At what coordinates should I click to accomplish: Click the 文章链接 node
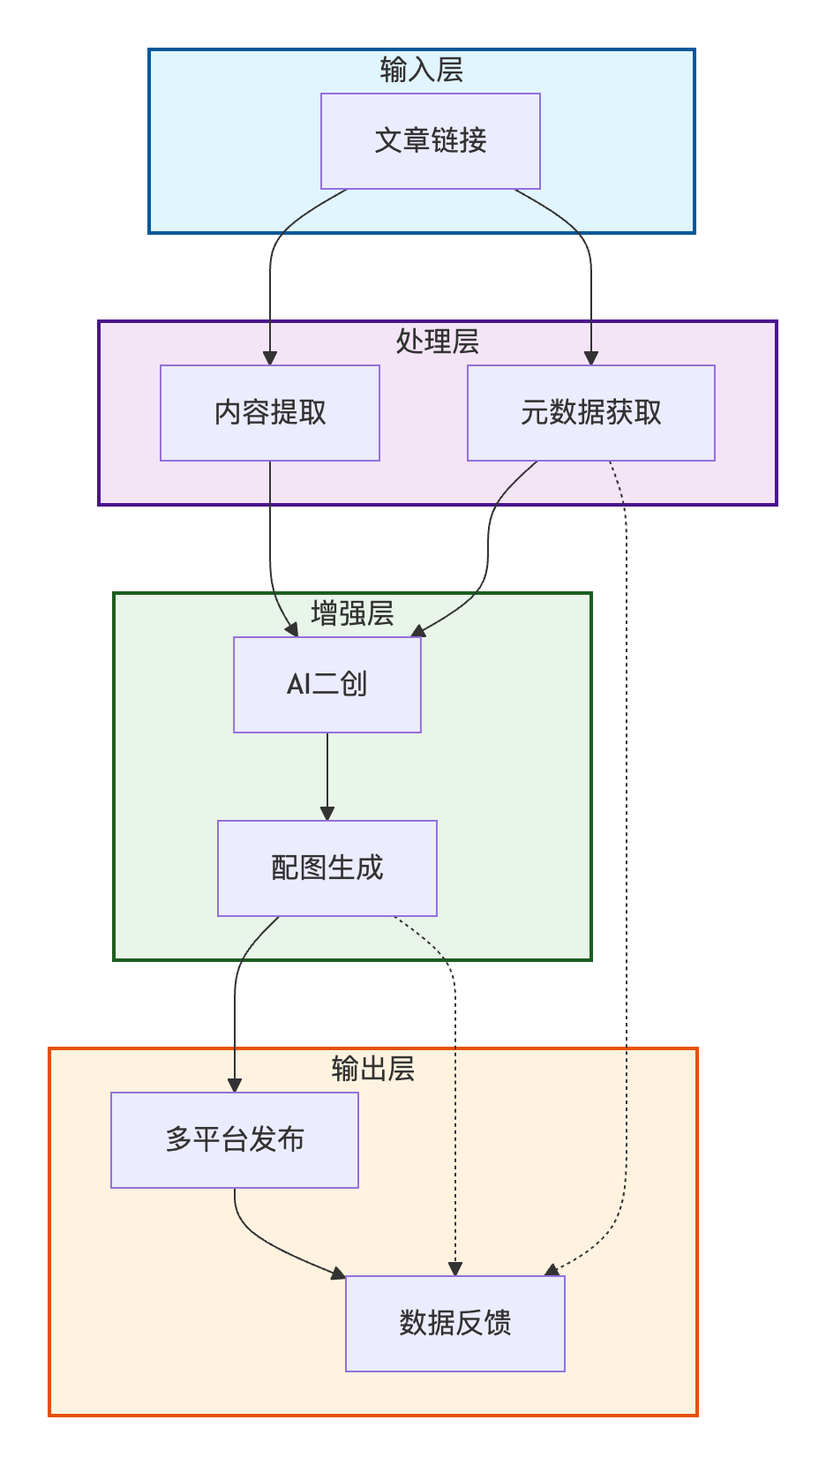coord(430,141)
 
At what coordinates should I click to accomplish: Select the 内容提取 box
coord(269,413)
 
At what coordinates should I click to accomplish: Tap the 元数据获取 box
coord(590,413)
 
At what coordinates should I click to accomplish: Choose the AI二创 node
coord(327,685)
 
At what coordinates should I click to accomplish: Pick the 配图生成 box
coord(327,868)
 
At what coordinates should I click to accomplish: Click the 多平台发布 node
coord(234,1140)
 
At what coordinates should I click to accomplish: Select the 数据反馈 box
coord(454,1324)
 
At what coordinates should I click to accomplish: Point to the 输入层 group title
coord(421,70)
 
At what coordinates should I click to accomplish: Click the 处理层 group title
coord(437,342)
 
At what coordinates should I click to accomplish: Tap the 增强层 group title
coord(352,613)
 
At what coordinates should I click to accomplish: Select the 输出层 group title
coord(372,1069)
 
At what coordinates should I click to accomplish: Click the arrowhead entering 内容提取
coord(270,357)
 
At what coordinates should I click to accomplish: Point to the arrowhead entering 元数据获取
coord(591,357)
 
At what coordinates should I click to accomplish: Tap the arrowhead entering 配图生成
coord(327,813)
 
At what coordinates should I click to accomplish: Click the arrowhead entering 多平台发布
coord(235,1085)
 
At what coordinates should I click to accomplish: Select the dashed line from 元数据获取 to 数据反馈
coord(627,883)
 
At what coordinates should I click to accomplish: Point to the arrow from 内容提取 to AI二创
coord(270,547)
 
